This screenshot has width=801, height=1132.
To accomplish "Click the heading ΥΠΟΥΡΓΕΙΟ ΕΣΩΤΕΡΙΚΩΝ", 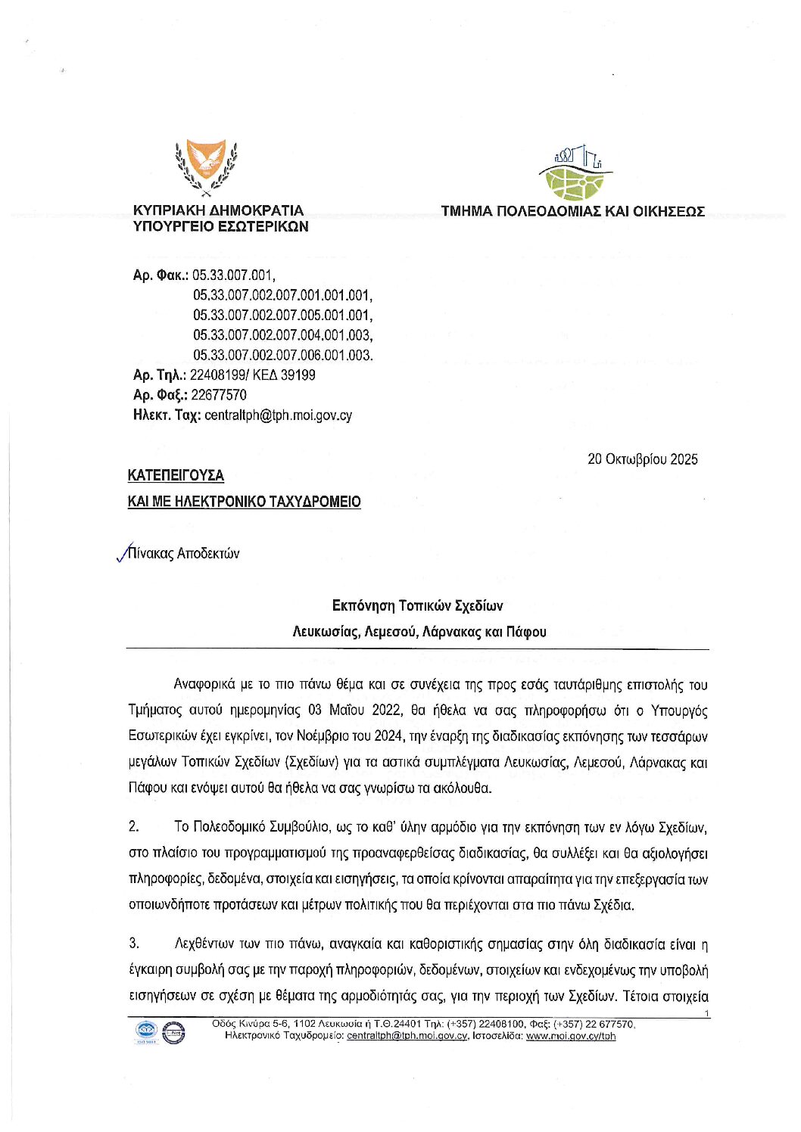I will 220,226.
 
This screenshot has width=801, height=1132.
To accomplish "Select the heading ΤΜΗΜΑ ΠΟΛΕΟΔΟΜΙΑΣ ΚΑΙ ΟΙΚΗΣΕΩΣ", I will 572,211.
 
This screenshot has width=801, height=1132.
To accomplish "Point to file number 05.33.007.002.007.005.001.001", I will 282,315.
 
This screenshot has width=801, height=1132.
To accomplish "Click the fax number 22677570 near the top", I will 218,395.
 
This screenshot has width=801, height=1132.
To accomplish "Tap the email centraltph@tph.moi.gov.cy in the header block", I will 278,415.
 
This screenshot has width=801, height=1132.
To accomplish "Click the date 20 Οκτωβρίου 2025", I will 642,459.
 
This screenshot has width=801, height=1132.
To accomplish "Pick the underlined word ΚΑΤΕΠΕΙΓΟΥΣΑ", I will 176,475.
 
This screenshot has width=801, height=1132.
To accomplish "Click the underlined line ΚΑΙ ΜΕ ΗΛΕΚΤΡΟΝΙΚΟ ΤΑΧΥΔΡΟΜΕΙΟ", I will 244,502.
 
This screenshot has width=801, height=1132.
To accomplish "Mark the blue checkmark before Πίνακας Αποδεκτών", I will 122,555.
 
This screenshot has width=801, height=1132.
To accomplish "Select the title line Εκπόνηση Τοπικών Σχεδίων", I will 417,605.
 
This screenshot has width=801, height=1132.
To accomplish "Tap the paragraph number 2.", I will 133,826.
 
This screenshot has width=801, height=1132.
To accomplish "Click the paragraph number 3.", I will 133,943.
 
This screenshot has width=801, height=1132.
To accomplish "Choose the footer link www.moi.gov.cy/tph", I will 570,1036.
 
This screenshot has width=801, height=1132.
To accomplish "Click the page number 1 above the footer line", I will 706,1013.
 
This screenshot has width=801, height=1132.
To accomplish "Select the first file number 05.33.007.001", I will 233,275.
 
